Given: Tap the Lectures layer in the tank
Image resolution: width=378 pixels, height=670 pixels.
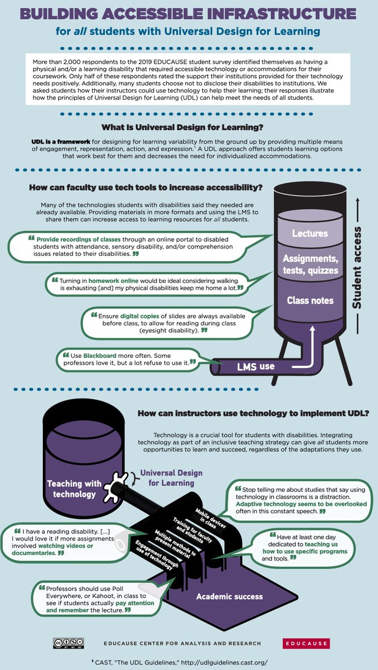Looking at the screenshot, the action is tap(310, 233).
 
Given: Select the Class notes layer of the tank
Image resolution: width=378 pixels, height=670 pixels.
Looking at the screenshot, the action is tap(310, 300).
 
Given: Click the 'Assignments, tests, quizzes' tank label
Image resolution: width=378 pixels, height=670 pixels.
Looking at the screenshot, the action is tap(311, 265).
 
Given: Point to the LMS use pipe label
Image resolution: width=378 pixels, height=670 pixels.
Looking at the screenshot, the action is tap(255, 366).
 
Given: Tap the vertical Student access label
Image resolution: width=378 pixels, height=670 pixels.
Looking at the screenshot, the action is tap(357, 267).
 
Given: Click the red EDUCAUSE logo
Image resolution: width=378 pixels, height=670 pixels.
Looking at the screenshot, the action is tap(306, 643).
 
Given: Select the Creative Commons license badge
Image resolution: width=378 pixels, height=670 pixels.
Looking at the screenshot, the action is tap(69, 643).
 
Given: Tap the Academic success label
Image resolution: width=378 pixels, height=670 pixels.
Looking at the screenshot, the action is tap(229, 596).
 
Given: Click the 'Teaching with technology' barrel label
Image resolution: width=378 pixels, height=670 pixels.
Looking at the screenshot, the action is tap(74, 489).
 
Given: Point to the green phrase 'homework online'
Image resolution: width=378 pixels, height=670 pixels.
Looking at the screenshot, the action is tap(114, 280).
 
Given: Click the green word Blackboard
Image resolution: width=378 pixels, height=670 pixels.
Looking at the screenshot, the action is tap(100, 356).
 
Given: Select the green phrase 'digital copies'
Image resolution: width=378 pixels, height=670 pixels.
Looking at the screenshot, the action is tap(139, 316).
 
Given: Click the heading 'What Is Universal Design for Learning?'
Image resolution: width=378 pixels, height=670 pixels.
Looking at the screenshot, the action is tap(182, 127).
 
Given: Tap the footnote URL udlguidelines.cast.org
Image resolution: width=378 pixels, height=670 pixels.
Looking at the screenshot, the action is tap(224, 663).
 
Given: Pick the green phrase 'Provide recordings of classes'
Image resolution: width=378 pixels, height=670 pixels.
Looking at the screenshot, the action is tap(79, 240).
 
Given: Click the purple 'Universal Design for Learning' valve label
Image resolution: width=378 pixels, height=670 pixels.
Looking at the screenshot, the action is tap(171, 478).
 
